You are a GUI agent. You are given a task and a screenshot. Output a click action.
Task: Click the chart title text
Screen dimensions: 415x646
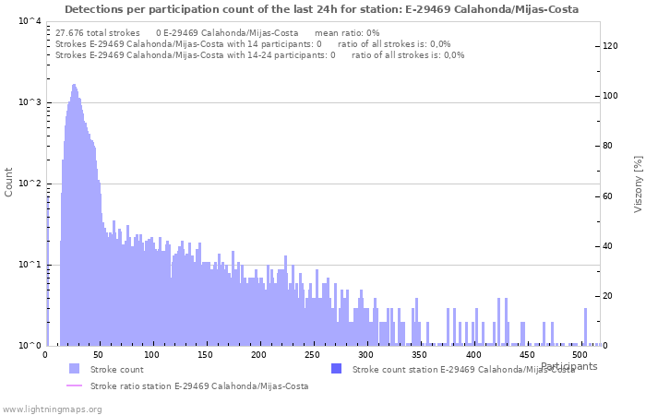click(x=322, y=9)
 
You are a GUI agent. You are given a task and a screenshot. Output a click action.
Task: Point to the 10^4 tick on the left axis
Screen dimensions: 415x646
click(x=29, y=21)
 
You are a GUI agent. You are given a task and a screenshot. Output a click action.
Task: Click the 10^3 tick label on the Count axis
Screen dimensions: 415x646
click(x=29, y=102)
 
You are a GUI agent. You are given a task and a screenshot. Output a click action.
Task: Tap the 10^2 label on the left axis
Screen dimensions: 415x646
click(x=29, y=184)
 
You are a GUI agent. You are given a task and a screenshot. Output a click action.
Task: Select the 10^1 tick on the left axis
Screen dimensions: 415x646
click(x=29, y=265)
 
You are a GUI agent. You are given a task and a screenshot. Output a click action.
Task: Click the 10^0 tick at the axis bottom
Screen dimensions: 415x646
click(x=29, y=346)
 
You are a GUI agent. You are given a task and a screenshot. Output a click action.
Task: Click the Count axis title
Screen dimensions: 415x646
click(x=9, y=182)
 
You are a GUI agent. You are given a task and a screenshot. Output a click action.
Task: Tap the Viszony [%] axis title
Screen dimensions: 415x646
click(x=637, y=184)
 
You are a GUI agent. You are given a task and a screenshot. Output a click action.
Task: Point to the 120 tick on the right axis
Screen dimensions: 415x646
click(x=611, y=46)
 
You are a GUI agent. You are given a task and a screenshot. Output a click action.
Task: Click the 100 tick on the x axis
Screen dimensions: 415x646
click(x=152, y=355)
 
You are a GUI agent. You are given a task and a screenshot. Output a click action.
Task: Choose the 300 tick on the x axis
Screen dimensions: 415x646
click(x=366, y=355)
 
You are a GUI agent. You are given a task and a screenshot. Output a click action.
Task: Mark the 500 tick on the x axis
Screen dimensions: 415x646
click(x=580, y=355)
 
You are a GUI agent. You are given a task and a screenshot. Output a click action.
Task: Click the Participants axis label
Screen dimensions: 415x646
click(x=568, y=366)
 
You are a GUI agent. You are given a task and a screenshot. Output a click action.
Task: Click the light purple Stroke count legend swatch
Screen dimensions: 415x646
click(x=74, y=369)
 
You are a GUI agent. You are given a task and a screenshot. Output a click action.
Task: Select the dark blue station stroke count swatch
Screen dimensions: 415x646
click(x=336, y=369)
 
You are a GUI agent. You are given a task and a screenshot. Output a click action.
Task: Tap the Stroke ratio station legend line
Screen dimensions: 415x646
click(x=74, y=386)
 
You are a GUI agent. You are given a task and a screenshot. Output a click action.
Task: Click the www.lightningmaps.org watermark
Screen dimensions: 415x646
click(x=52, y=409)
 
